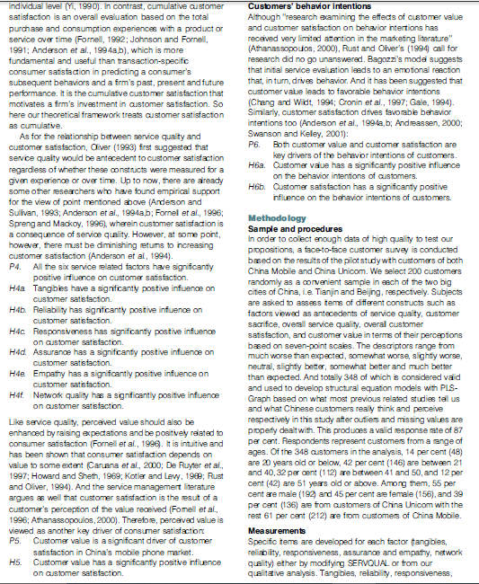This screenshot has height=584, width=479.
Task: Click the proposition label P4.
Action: pos(13,243)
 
